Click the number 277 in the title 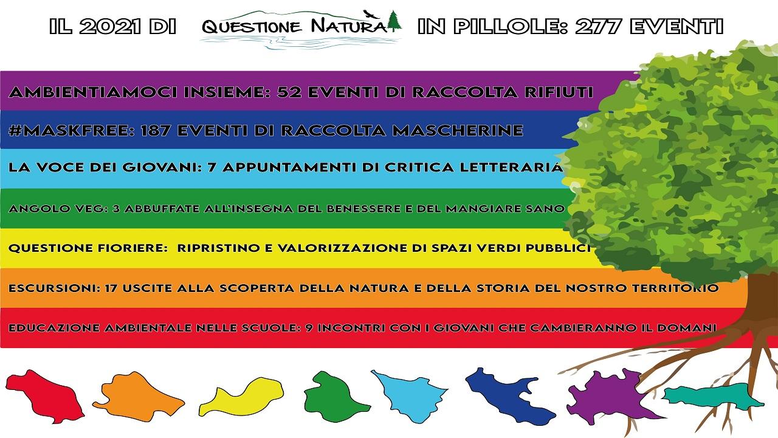(x=597, y=26)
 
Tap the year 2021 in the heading (x=111, y=26)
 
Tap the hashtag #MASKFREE (x=72, y=130)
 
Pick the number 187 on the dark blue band (x=155, y=130)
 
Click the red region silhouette (x=45, y=396)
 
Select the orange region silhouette (x=139, y=396)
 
